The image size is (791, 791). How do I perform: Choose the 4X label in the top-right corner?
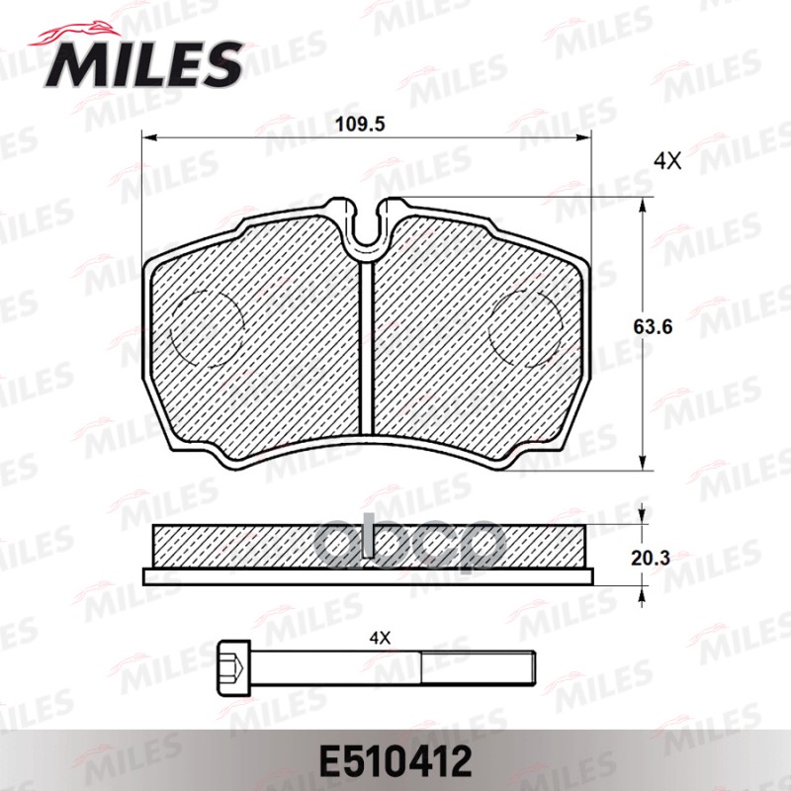pos(668,160)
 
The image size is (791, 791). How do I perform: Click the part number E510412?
pos(395,761)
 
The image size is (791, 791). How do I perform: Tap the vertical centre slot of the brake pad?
pos(367,346)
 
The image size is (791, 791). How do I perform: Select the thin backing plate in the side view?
pos(367,576)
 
